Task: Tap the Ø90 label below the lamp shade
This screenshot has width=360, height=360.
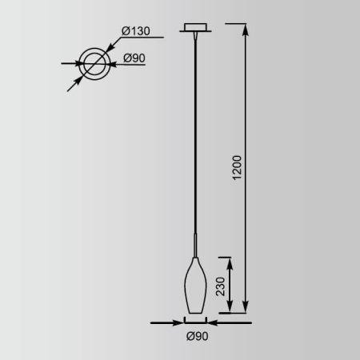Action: (196, 337)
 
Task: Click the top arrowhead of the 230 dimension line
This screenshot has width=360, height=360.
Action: (230, 259)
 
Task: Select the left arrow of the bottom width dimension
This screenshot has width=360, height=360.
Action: (178, 323)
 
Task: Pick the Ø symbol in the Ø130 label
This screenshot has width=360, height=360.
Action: (125, 30)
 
